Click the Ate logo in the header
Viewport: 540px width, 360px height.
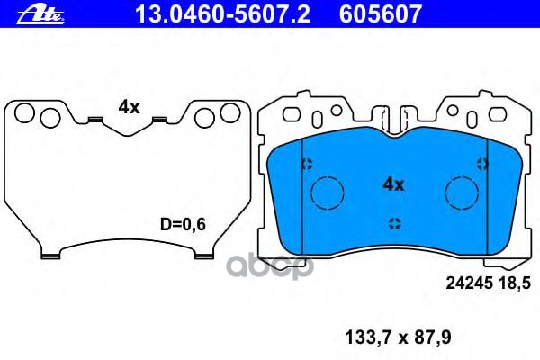coord(40,15)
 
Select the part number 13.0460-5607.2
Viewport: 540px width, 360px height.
coord(223,14)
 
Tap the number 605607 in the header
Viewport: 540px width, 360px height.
coord(381,14)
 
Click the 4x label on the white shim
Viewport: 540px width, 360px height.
coord(129,108)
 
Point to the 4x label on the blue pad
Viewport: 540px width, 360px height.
coord(393,185)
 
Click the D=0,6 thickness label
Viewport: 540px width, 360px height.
coord(183,225)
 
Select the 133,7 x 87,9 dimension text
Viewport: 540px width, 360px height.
coord(398,337)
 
